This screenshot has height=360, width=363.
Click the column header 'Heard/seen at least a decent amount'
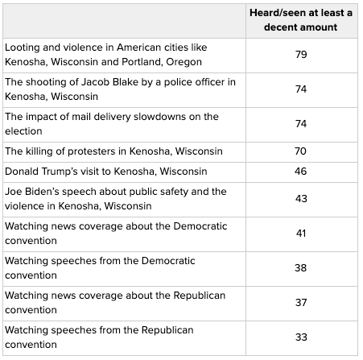(x=301, y=20)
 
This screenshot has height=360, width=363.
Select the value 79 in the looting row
(x=301, y=55)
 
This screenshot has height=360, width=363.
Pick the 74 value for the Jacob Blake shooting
(x=301, y=89)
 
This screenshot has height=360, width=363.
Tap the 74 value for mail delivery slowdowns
(x=301, y=124)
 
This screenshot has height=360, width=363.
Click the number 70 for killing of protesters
(x=300, y=151)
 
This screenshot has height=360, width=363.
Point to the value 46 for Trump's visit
(x=300, y=172)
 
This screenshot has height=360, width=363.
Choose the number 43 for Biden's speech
(x=301, y=199)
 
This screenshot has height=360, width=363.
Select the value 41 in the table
(x=301, y=234)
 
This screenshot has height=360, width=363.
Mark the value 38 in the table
(x=300, y=268)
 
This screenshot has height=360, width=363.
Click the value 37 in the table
(x=301, y=303)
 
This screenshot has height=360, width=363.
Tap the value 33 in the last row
(x=301, y=337)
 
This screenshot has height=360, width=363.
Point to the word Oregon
(x=184, y=62)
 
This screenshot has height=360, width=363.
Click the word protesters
(x=92, y=151)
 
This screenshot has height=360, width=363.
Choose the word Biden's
(x=40, y=192)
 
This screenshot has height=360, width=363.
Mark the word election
(x=23, y=131)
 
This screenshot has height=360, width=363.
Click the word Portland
(x=142, y=62)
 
